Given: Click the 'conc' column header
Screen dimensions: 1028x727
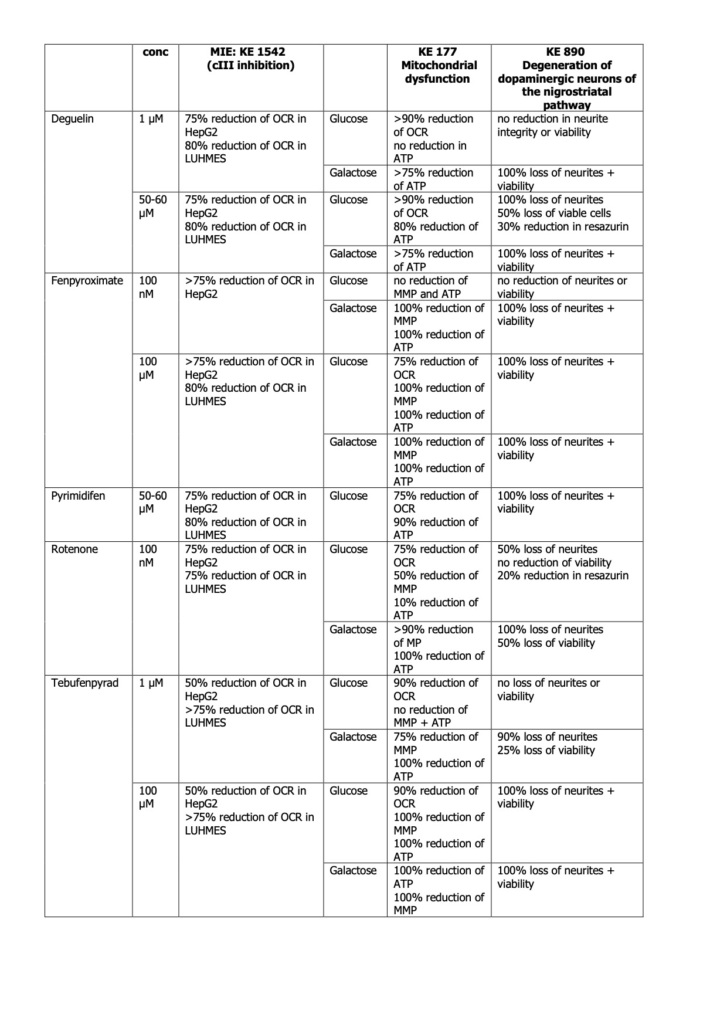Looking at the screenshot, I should pos(155,52).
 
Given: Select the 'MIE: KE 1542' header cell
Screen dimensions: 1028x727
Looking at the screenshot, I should pos(250,59).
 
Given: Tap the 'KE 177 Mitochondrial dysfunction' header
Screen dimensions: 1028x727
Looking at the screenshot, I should pos(439,65).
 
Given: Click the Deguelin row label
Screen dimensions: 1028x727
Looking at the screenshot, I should pos(73,119).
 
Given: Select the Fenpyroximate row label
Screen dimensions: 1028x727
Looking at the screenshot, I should pos(87,281).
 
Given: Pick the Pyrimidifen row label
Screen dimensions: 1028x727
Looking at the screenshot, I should pos(79,496).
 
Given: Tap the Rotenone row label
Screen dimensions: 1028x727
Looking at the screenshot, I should pos(74,549).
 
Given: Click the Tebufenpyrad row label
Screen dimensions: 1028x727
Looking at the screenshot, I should pos(85,683).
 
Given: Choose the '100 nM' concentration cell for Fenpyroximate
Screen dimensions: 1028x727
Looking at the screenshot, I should pos(148,287).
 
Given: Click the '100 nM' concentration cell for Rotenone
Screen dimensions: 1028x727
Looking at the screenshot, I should pos(148,556).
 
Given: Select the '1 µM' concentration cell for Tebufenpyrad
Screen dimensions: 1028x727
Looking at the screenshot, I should pos(151,683).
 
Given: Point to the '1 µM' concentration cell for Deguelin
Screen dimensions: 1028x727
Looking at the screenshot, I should pos(151,119).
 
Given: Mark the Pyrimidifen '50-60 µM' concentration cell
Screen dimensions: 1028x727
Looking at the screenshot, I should pos(153,503).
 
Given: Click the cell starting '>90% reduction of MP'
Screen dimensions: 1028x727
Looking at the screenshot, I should pos(439,649).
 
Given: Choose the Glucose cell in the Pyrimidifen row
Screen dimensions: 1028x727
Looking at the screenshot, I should pos(349,496).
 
